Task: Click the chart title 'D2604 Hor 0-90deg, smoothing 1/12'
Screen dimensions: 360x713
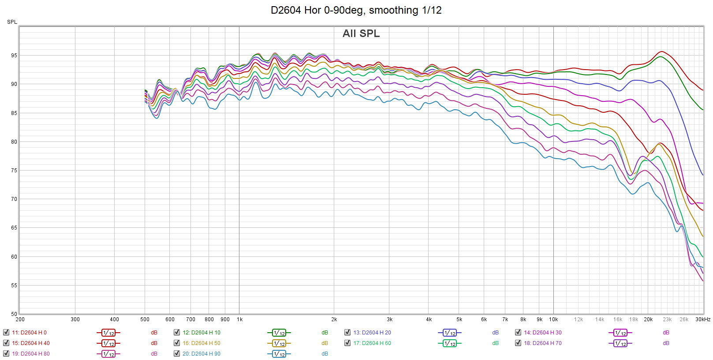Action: pyautogui.click(x=356, y=10)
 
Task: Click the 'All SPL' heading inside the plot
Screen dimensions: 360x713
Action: pyautogui.click(x=361, y=33)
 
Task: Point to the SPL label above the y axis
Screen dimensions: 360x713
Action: pyautogui.click(x=12, y=22)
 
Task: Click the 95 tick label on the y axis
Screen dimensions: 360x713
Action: pyautogui.click(x=14, y=56)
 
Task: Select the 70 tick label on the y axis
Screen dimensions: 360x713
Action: pyautogui.click(x=14, y=199)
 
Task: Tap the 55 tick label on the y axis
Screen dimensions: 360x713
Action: pyautogui.click(x=14, y=286)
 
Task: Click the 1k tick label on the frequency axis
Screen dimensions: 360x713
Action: pyautogui.click(x=239, y=319)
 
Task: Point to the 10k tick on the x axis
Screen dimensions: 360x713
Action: pyautogui.click(x=553, y=319)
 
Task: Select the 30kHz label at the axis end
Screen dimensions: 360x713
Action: pyautogui.click(x=702, y=319)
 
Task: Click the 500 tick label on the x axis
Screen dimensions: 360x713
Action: pyautogui.click(x=145, y=319)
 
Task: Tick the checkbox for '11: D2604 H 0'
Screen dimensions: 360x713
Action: pyautogui.click(x=6, y=332)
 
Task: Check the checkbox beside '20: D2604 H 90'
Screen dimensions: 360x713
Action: pyautogui.click(x=177, y=353)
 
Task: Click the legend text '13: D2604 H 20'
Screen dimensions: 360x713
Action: pyautogui.click(x=372, y=333)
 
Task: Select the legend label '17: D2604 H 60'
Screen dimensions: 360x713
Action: pyautogui.click(x=372, y=343)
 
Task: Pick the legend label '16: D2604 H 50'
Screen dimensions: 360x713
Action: pyautogui.click(x=201, y=343)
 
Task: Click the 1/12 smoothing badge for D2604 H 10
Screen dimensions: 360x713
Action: pyautogui.click(x=279, y=333)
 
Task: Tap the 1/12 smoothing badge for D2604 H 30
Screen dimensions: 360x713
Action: pyautogui.click(x=620, y=333)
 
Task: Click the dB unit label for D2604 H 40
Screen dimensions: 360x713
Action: pyautogui.click(x=154, y=343)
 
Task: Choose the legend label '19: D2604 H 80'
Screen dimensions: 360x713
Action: pyautogui.click(x=30, y=354)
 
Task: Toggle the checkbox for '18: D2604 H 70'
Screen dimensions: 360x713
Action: pyautogui.click(x=518, y=343)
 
